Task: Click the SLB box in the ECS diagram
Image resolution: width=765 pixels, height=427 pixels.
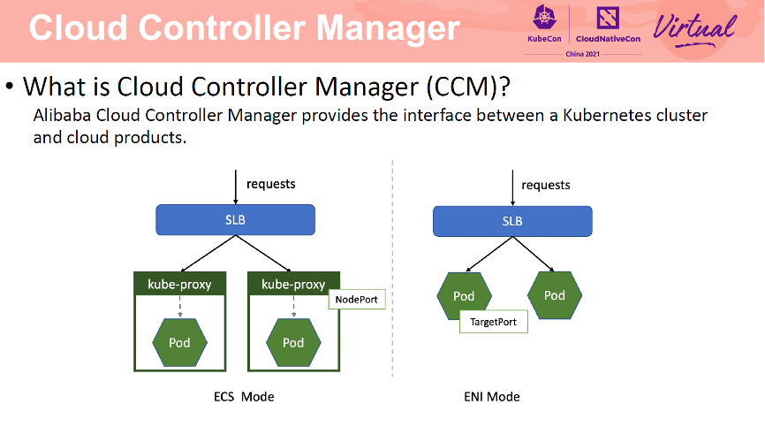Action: point(235,219)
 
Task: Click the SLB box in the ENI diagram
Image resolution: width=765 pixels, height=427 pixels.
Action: point(512,221)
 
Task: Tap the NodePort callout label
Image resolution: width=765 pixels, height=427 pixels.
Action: point(357,301)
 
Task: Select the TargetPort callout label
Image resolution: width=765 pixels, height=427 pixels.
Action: point(493,323)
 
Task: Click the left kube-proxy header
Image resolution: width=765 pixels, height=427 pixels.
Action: point(179,284)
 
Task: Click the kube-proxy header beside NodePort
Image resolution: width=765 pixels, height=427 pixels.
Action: point(292,284)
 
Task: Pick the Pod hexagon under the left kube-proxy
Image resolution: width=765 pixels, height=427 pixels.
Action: point(179,342)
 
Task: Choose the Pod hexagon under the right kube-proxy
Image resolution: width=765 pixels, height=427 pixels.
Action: point(292,342)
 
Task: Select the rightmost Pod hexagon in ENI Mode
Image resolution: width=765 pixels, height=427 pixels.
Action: point(555,294)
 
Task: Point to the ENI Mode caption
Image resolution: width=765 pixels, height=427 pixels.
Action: point(491,397)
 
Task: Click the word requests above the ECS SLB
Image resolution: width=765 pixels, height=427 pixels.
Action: point(270,184)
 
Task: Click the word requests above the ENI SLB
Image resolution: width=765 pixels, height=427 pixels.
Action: point(546,185)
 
